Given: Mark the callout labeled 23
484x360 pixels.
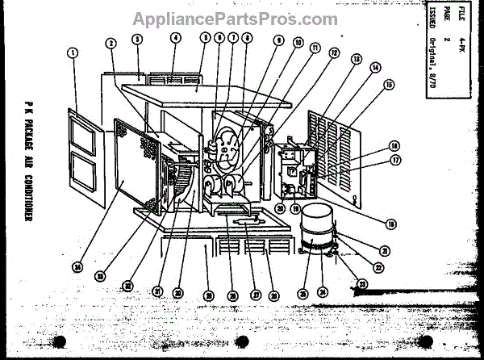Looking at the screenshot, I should (361, 284).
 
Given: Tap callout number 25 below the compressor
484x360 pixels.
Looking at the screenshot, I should (303, 293).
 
